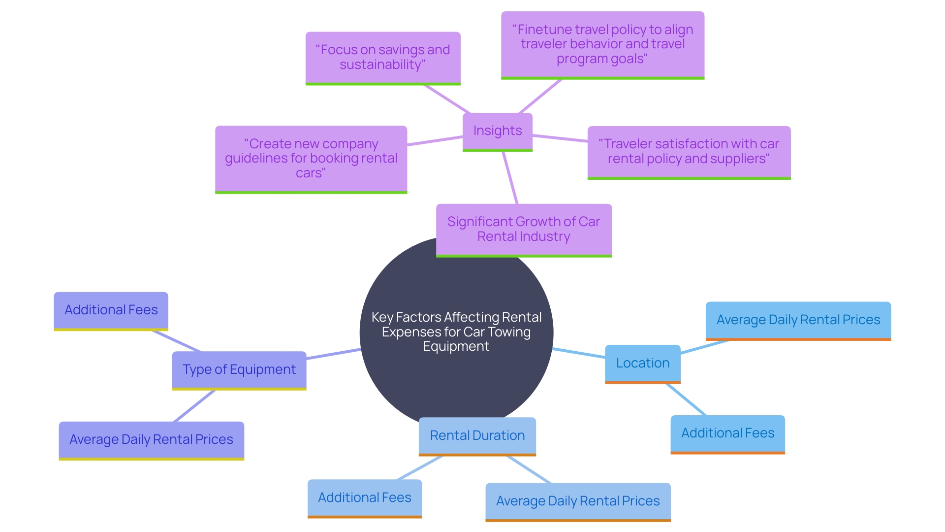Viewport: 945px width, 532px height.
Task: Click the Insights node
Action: pos(497,131)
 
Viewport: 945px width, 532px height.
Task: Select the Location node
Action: pos(642,363)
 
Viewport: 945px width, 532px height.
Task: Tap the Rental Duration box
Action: pos(477,435)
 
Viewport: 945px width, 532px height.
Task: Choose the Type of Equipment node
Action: pos(239,369)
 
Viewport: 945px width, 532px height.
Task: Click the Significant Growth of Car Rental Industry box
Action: pos(523,229)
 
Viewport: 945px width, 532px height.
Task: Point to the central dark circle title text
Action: pos(456,332)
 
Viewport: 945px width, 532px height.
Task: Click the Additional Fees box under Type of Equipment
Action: pos(111,310)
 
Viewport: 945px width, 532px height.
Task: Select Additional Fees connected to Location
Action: pos(727,433)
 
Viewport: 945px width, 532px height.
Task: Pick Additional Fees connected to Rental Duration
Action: pos(364,498)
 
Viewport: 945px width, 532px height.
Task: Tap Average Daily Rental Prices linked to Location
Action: pos(798,320)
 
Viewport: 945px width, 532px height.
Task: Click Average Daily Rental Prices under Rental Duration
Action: pos(578,501)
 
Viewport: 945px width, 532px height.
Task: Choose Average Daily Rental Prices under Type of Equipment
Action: pos(151,439)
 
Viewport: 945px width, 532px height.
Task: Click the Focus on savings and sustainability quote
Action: pos(382,57)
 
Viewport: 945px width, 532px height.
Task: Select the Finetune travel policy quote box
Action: pos(602,44)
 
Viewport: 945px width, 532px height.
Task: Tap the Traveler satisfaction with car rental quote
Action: pos(689,151)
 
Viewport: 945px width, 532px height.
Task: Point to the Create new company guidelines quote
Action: pos(311,158)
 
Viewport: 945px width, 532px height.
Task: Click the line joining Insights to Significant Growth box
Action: pos(510,178)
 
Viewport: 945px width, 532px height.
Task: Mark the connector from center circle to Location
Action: pos(579,353)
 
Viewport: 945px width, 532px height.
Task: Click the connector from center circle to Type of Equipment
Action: pos(333,354)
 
